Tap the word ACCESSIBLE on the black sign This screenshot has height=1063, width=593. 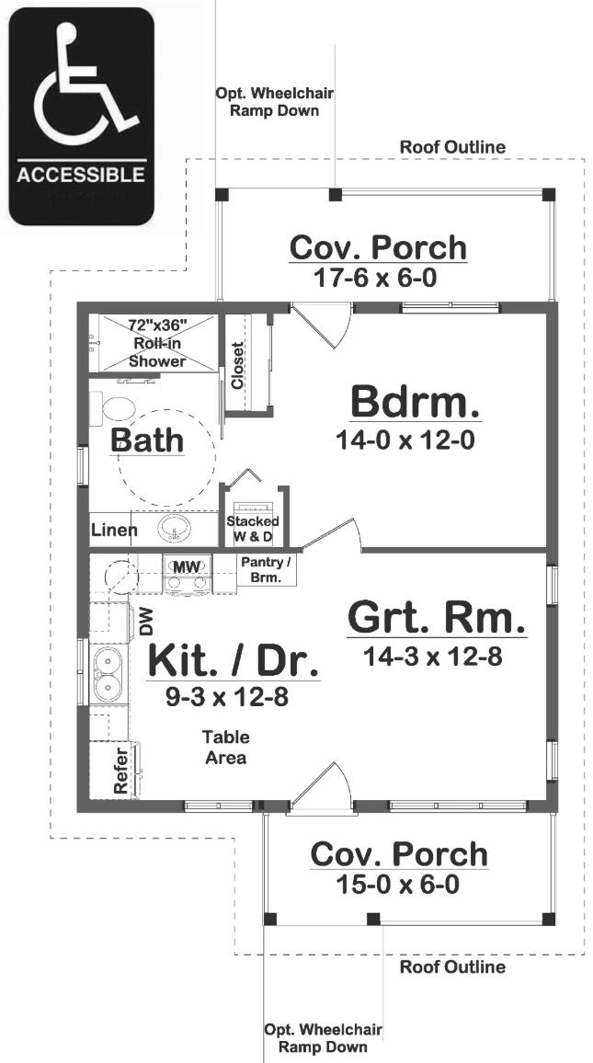(x=81, y=175)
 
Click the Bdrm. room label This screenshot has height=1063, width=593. (x=415, y=403)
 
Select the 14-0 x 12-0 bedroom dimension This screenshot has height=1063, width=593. (x=405, y=440)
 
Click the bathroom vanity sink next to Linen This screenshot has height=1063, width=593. (x=174, y=529)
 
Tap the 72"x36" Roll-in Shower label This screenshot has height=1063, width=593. (x=157, y=342)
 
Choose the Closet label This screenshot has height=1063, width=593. (x=237, y=365)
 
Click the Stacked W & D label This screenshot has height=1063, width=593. (x=252, y=528)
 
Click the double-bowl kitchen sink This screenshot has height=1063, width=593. (x=107, y=674)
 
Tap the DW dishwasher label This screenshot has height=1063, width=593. (x=146, y=621)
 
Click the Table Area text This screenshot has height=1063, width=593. (x=226, y=747)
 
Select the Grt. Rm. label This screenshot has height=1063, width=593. (x=437, y=618)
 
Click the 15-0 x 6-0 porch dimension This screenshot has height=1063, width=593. (x=398, y=884)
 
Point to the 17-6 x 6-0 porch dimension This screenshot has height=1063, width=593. (x=378, y=278)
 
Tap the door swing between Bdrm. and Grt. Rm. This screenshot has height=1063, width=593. (x=332, y=534)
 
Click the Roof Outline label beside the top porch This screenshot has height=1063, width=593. (x=452, y=146)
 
